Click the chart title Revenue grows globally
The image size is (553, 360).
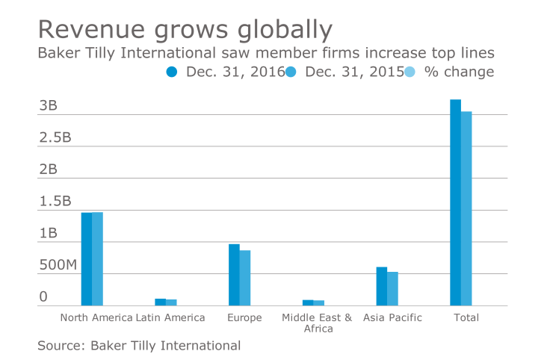185,29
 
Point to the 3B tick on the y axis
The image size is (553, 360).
48,105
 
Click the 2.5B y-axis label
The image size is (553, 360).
55,137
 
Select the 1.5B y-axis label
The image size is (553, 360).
55,202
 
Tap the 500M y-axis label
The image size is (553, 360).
58,265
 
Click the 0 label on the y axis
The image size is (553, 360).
43,297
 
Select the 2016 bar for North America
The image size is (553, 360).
87,259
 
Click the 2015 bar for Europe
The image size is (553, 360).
245,278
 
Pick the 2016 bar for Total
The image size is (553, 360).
455,202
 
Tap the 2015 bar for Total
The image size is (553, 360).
466,208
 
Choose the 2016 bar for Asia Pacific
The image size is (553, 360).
382,286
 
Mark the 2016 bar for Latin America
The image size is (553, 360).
160,302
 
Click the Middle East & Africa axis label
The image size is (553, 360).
318,323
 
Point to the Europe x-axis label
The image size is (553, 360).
245,318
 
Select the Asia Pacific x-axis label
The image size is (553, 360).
392,318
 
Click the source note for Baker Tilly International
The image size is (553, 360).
139,345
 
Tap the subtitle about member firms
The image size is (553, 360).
266,54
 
